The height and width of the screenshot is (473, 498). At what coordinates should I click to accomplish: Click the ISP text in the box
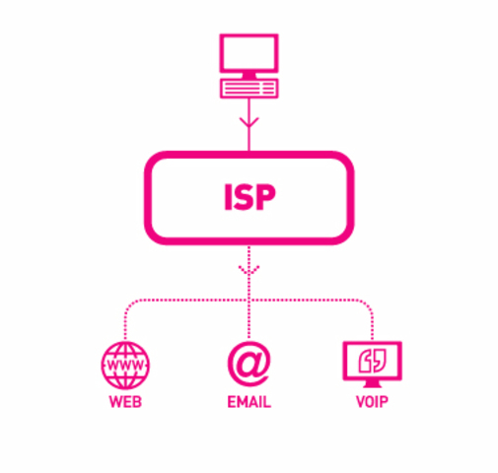(249, 197)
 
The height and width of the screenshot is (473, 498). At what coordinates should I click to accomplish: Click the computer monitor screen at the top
(249, 57)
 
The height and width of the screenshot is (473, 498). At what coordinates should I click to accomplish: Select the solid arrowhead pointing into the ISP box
(249, 125)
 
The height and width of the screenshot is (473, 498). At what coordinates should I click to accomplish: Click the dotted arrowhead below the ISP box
(249, 267)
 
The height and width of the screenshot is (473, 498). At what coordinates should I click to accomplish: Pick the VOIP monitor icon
(372, 361)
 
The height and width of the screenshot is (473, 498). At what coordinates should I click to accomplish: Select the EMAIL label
(249, 403)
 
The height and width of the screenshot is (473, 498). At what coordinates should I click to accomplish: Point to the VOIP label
(372, 403)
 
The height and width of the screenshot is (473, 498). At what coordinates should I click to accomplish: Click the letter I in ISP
(225, 197)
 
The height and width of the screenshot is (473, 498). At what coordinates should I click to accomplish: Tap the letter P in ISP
(269, 197)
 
